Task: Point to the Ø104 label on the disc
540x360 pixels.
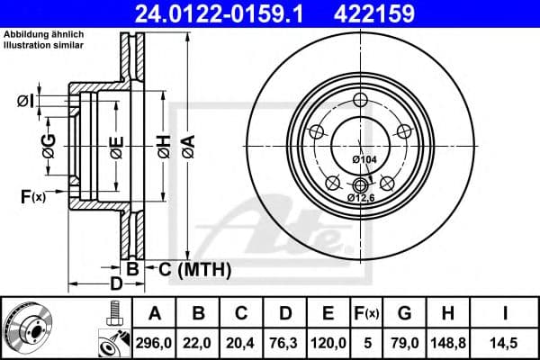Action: (x=364, y=159)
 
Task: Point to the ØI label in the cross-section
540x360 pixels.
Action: (x=26, y=101)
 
